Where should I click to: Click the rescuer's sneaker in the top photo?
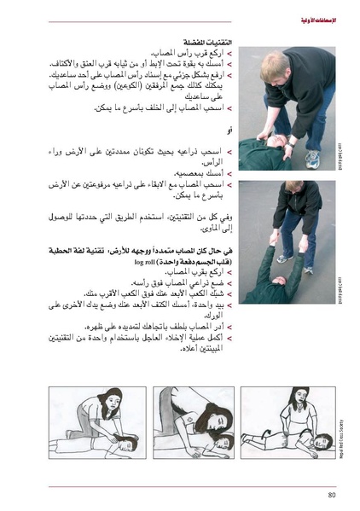pos(312,158)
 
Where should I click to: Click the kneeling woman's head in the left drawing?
pos(113,402)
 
